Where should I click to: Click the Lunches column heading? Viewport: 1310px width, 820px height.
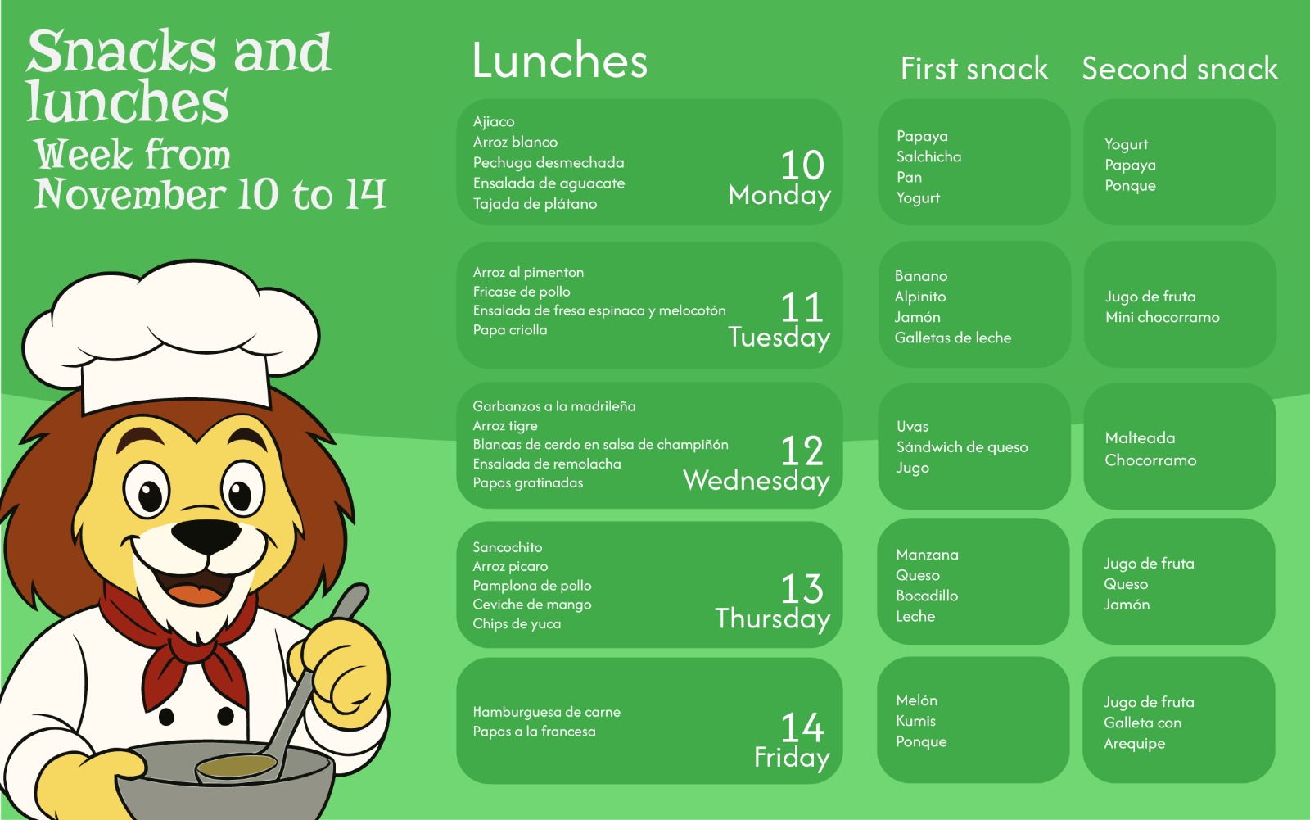coord(560,61)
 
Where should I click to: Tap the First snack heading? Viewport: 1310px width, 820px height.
coord(973,69)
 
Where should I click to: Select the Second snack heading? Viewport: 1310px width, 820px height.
coord(1180,69)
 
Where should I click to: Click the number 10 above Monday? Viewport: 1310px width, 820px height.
coord(802,165)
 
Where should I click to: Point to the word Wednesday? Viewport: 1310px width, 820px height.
coord(757,481)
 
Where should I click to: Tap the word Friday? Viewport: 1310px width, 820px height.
coord(792,758)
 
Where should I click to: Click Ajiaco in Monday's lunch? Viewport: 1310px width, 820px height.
coord(494,122)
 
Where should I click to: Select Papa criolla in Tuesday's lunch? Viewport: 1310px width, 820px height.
coord(510,330)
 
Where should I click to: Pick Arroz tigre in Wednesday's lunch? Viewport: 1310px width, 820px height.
coord(504,426)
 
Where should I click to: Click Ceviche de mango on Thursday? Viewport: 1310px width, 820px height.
coord(531,605)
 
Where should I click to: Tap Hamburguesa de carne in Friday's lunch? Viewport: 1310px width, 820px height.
coord(546,713)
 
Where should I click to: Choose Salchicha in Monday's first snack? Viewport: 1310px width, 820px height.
coord(928,156)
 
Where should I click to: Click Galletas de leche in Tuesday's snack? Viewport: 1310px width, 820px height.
coord(953,338)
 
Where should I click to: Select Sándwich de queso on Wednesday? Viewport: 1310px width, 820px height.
coord(962,447)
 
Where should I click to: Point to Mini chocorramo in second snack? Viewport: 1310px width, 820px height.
coord(1162,317)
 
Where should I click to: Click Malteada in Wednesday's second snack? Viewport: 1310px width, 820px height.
coord(1140,437)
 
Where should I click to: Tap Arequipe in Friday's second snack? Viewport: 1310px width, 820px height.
coord(1134,744)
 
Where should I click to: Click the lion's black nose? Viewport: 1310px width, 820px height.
coord(206,536)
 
